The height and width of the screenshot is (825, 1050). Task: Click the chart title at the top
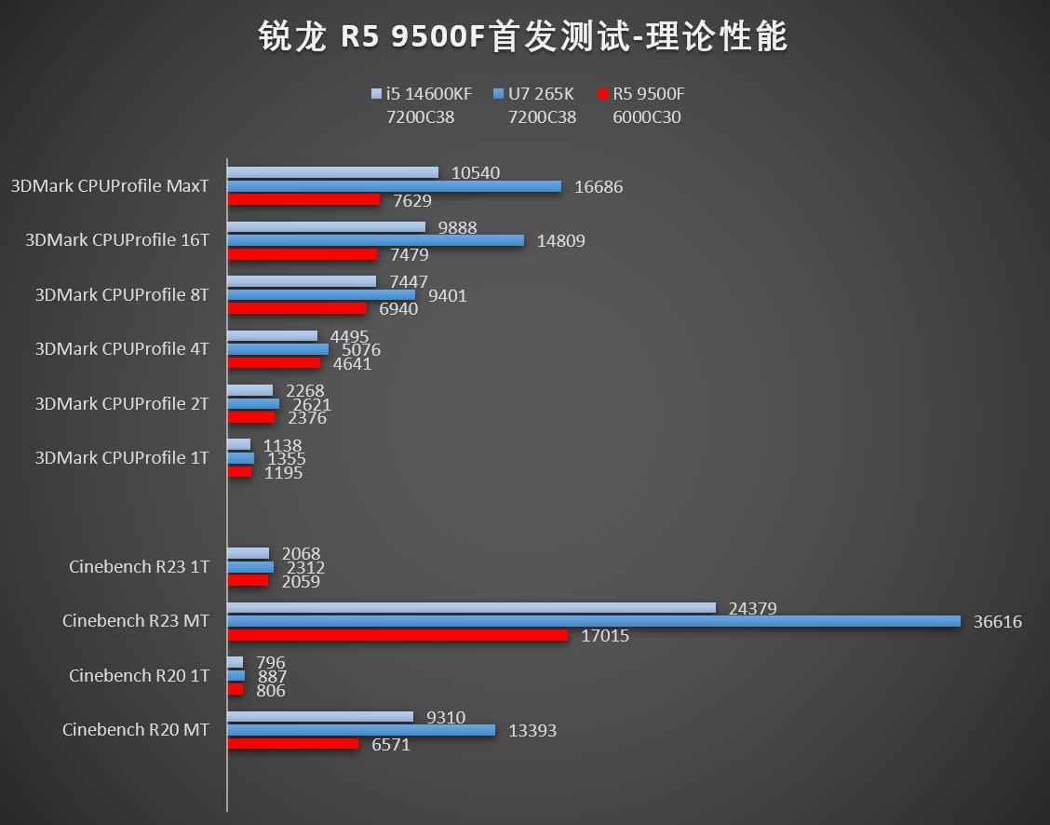click(523, 37)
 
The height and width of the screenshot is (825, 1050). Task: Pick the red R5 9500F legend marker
click(602, 94)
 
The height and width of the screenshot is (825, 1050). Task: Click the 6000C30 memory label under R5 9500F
click(646, 117)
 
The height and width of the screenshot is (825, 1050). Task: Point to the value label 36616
click(997, 622)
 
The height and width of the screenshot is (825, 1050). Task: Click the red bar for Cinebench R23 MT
click(397, 635)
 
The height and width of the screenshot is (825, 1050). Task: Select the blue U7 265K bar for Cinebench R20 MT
click(361, 730)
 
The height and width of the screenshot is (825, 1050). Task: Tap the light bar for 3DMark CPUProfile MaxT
click(332, 172)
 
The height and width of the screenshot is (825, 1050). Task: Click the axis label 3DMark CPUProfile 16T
click(117, 240)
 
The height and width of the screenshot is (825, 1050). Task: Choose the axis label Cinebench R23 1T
click(139, 566)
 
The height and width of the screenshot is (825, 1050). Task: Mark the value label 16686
click(599, 187)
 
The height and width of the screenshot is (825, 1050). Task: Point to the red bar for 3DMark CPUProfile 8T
click(297, 308)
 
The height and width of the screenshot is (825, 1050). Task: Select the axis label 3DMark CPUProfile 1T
click(122, 458)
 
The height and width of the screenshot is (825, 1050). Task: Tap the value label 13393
click(532, 731)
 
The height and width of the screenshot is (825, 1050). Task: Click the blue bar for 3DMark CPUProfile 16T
click(375, 240)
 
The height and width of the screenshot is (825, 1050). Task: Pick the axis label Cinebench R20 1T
click(139, 675)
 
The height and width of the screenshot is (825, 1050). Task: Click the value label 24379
click(752, 609)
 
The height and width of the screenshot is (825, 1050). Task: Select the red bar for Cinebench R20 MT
click(292, 744)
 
